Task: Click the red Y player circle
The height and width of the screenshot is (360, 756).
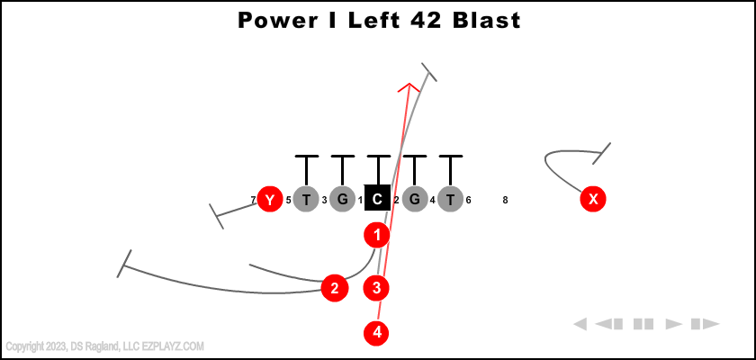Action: [270, 199]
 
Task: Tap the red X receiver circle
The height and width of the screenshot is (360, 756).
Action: [592, 199]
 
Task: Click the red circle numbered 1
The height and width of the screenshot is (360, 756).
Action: [377, 235]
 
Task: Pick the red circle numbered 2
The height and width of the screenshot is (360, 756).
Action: [335, 289]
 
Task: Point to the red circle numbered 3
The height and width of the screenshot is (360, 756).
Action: [377, 289]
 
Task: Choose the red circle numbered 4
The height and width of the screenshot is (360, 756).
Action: [377, 333]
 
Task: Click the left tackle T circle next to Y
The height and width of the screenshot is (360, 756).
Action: [306, 199]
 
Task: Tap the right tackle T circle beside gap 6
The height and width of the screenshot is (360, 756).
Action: [450, 199]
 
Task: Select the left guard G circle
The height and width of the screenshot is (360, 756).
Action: [342, 199]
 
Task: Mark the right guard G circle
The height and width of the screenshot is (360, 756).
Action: [414, 199]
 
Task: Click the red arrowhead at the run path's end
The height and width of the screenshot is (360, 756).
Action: [409, 87]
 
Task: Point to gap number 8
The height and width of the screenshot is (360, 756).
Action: [506, 200]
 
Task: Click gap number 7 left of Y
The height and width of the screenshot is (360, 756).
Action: [253, 200]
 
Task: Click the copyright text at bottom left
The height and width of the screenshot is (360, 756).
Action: [104, 346]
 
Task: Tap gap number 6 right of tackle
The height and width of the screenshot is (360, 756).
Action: [469, 200]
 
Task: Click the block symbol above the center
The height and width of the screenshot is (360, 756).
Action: [378, 157]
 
